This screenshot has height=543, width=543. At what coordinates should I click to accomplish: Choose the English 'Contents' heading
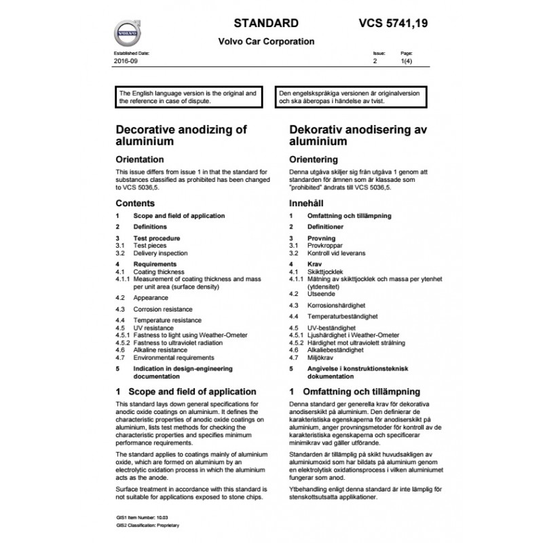[135, 203]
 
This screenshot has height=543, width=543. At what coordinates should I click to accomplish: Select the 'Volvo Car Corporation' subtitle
[265, 41]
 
